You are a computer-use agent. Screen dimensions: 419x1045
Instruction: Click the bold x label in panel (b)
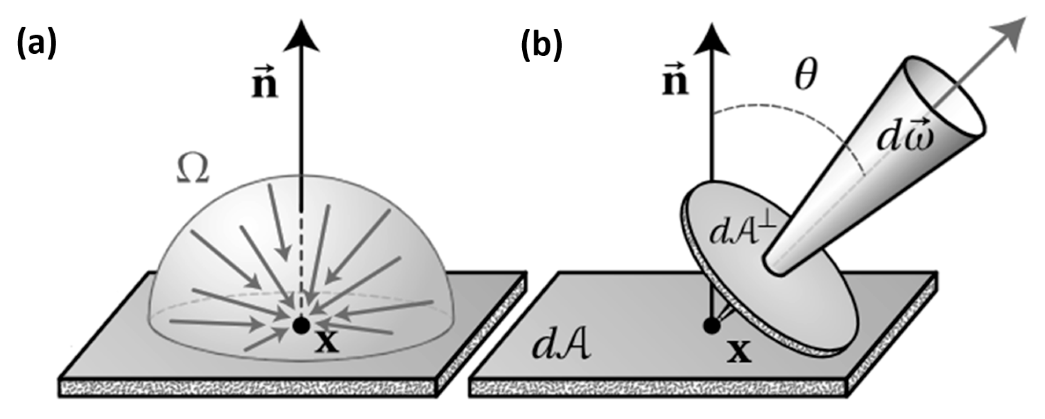coord(739,352)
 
